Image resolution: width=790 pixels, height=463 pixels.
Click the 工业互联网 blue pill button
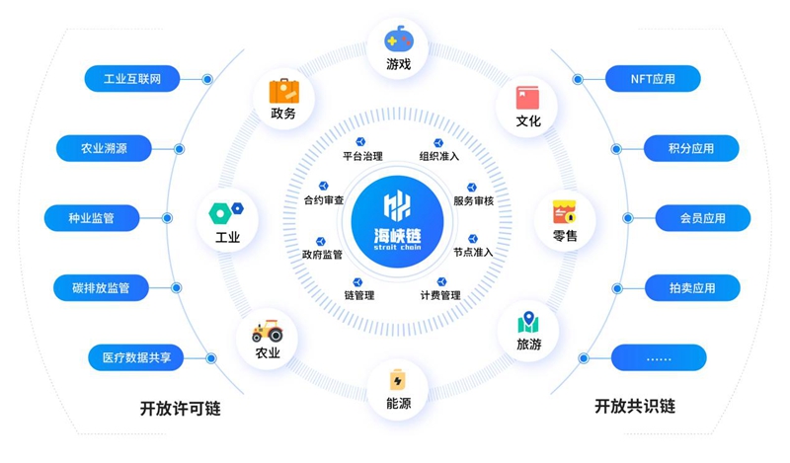[131, 78]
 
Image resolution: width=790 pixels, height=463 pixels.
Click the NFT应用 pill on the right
[653, 78]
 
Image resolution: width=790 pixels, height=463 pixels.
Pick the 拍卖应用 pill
[691, 288]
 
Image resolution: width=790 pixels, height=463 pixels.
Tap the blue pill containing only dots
[659, 357]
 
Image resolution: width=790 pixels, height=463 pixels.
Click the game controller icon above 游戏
[398, 40]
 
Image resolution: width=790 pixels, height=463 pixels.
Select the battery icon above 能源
[398, 379]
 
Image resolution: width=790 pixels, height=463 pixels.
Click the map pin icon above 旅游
[528, 323]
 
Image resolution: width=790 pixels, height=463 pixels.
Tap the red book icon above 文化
[528, 98]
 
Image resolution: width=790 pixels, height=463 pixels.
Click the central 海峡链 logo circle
[397, 209]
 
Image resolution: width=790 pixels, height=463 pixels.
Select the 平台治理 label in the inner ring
[362, 156]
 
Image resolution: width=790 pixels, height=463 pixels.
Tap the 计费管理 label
[439, 295]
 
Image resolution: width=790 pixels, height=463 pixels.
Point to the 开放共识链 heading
[635, 407]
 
